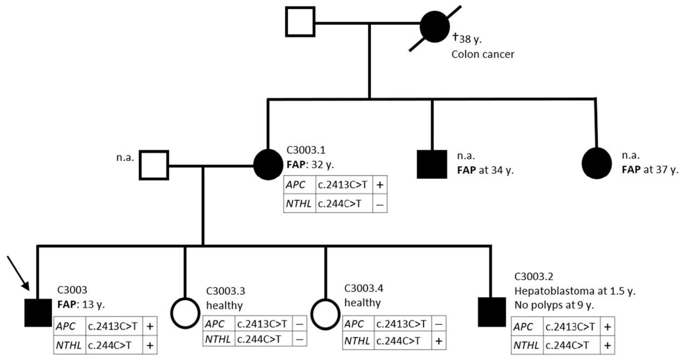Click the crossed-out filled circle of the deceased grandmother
pyautogui.click(x=435, y=27)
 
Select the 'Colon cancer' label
pyautogui.click(x=483, y=54)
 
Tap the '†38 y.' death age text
pyautogui.click(x=467, y=38)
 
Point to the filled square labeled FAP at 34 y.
pyautogui.click(x=432, y=164)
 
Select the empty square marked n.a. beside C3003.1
pyautogui.click(x=154, y=165)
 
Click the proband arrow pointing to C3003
pyautogui.click(x=18, y=273)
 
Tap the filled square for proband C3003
pyautogui.click(x=38, y=313)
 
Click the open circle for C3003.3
pyautogui.click(x=185, y=313)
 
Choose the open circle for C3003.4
pyautogui.click(x=325, y=314)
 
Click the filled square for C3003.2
pyautogui.click(x=492, y=312)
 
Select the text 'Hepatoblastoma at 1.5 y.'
pyautogui.click(x=575, y=291)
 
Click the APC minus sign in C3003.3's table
pyautogui.click(x=299, y=324)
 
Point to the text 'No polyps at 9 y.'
pyautogui.click(x=554, y=305)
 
